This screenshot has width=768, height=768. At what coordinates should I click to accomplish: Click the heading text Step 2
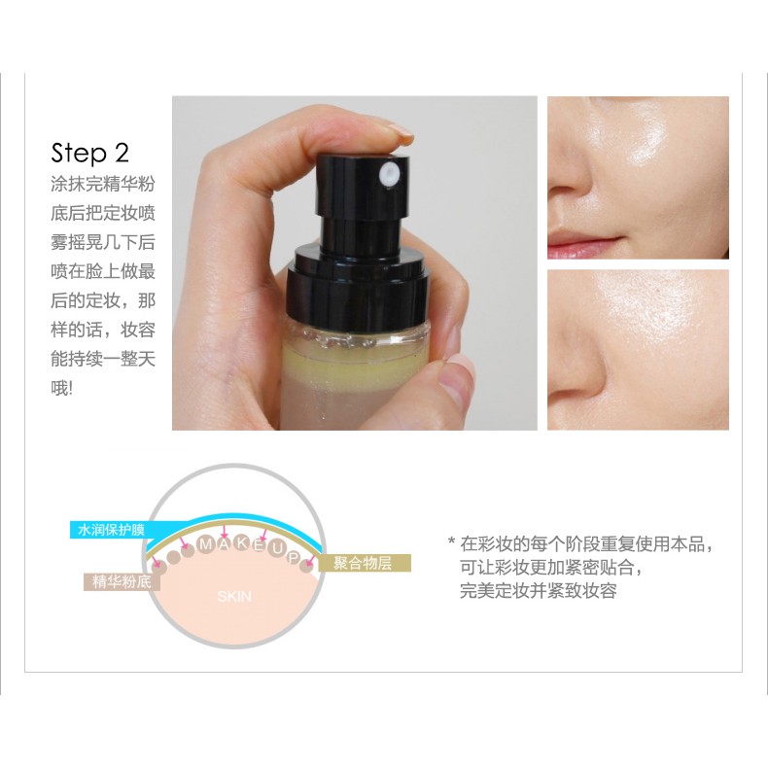(89, 154)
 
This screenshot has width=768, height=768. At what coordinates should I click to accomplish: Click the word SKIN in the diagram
(234, 597)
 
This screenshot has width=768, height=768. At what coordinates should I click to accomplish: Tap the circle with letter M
(207, 544)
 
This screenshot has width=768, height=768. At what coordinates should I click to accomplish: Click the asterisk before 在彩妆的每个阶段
(451, 544)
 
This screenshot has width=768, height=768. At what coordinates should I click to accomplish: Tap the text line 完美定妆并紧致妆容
(538, 591)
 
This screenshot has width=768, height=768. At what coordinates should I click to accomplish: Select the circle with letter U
(277, 550)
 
